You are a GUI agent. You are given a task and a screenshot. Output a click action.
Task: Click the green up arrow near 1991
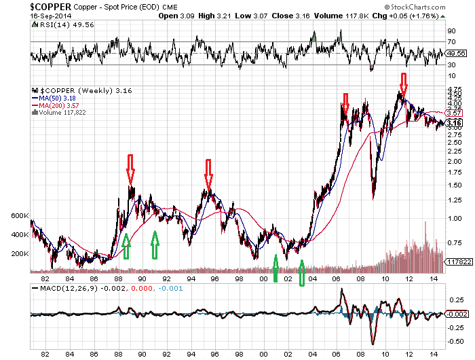pos(155,245)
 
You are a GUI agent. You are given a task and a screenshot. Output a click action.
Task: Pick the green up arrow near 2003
pos(302,272)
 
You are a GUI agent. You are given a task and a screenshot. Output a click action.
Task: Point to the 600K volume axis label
pos(20,215)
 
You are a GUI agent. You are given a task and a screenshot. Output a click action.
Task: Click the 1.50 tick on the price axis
pos(453,183)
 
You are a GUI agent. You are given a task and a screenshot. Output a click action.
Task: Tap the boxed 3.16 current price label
pos(454,123)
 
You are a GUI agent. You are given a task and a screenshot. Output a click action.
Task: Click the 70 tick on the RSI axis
pos(451,41)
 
